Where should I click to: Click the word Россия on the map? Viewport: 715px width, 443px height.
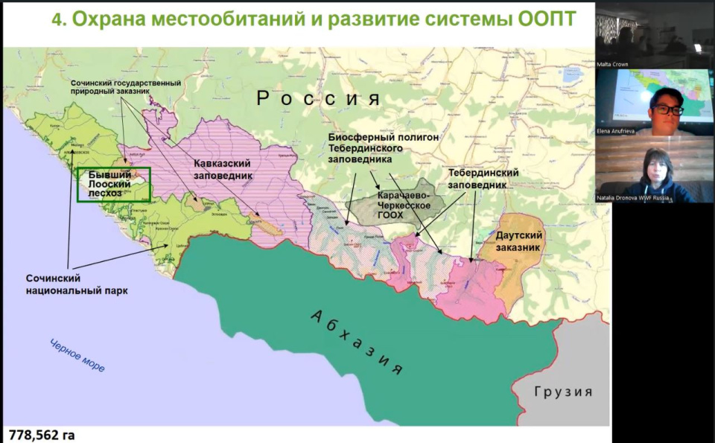319,98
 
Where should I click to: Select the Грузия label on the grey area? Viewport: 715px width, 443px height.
563,391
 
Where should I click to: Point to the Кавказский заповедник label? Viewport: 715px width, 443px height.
223,169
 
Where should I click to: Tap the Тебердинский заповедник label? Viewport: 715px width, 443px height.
483,178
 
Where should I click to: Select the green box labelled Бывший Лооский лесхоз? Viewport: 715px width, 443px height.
114,184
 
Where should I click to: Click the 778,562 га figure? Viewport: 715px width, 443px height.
42,434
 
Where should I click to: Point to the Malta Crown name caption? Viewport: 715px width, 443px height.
613,65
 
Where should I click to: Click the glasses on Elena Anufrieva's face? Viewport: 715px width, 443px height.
667,109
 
